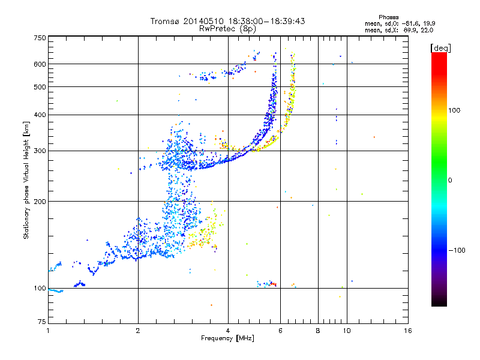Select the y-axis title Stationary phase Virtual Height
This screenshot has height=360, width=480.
coord(26,180)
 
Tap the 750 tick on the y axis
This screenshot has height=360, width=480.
coord(40,37)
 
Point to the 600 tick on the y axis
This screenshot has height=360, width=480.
coord(40,64)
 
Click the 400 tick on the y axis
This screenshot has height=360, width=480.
coord(40,115)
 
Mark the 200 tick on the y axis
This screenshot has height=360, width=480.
coord(40,202)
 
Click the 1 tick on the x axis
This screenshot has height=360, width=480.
coord(48,331)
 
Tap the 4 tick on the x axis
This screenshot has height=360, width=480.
coord(228,331)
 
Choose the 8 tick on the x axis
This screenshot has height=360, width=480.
coord(318,331)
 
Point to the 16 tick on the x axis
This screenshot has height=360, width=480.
coord(408,331)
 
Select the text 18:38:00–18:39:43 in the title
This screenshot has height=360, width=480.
coord(266,21)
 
